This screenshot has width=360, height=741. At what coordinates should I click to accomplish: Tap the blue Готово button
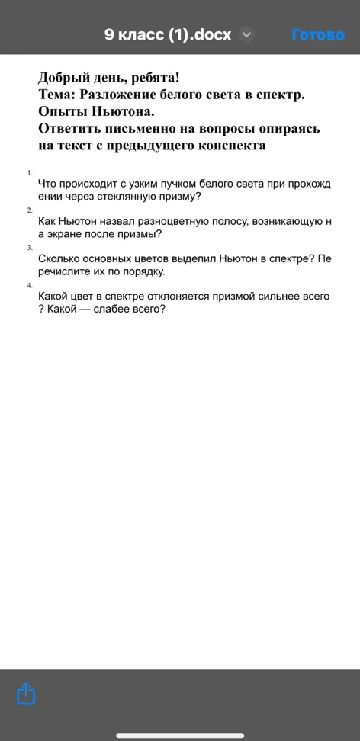[x=318, y=35]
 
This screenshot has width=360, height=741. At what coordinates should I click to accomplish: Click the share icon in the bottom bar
[x=27, y=694]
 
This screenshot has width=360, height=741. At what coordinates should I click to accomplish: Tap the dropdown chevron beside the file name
[x=246, y=35]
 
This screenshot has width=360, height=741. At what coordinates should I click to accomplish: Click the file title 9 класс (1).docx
[x=168, y=35]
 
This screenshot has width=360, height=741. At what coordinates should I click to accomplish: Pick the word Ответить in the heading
[x=72, y=129]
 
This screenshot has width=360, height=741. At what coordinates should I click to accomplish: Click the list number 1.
[x=30, y=173]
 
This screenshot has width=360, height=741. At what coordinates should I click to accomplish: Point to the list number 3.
[x=30, y=248]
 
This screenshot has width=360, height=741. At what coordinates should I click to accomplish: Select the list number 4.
[x=30, y=285]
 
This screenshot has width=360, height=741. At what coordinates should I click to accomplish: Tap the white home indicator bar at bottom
[x=180, y=735]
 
